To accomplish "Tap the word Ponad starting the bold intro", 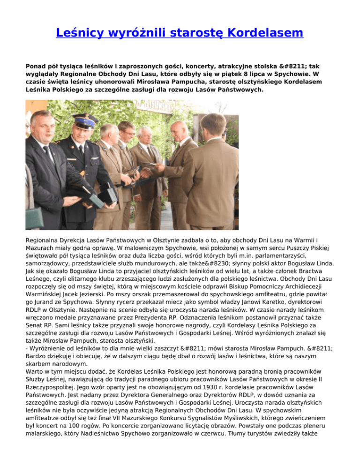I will tap(36, 66).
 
